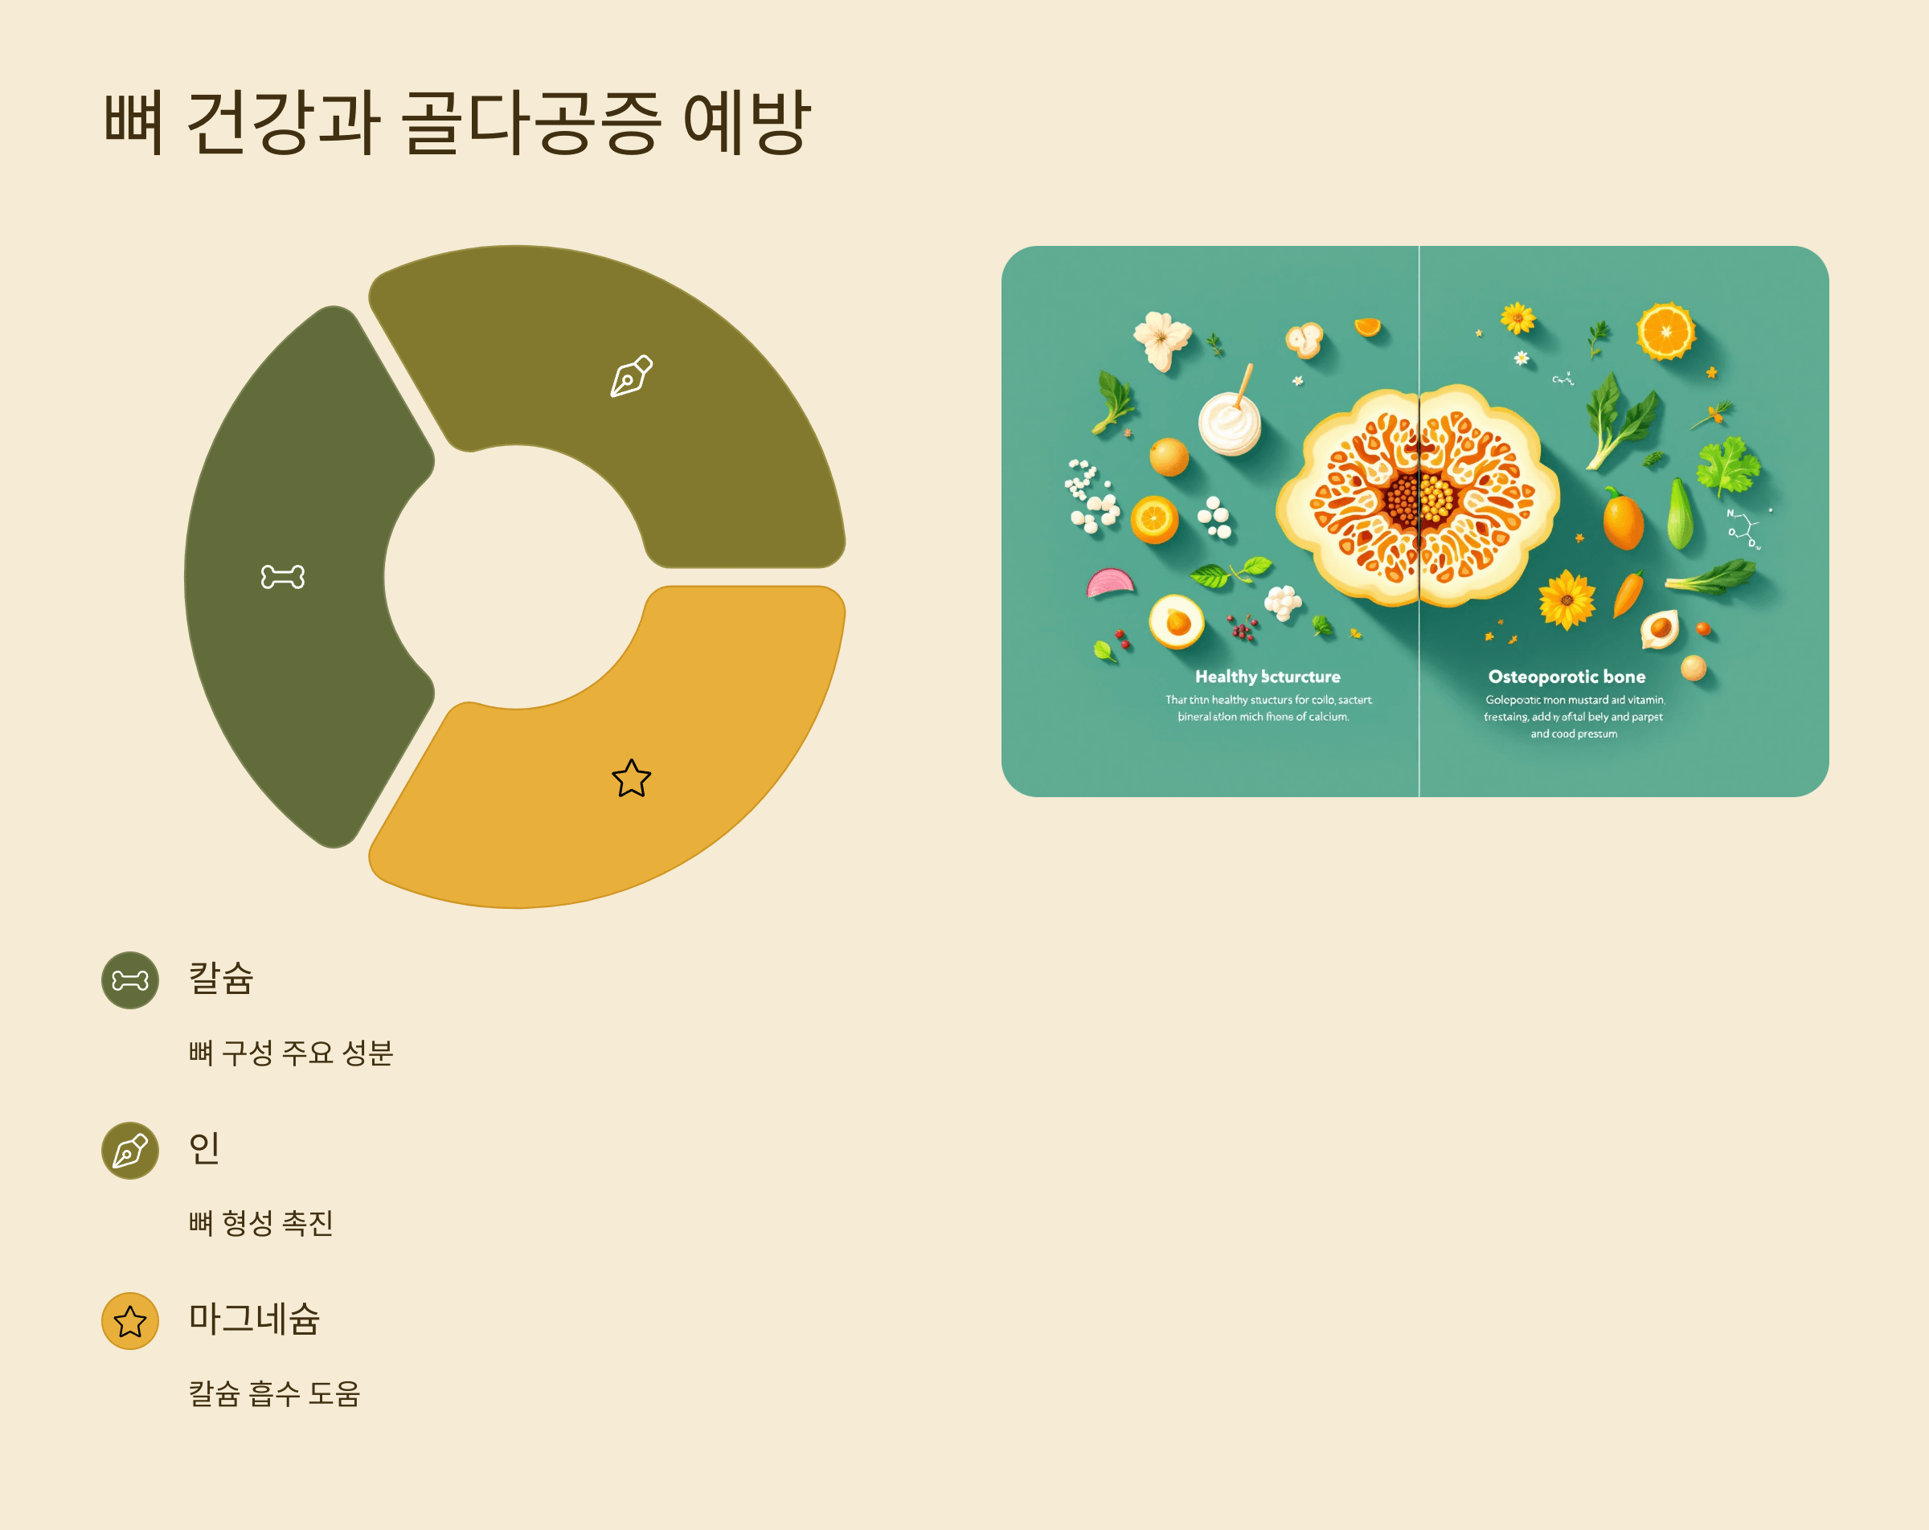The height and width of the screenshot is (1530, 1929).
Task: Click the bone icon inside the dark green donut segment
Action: [283, 577]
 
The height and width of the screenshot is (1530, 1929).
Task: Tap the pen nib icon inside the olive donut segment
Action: [631, 376]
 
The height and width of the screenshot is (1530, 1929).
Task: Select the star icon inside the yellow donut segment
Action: [631, 779]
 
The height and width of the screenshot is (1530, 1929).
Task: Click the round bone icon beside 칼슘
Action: [129, 980]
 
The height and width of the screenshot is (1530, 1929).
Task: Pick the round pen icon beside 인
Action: [129, 1151]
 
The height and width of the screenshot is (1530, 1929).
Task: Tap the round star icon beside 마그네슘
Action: [129, 1320]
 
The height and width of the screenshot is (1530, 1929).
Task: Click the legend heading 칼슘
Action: [221, 978]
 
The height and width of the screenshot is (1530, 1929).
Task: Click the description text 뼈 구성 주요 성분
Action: [291, 1052]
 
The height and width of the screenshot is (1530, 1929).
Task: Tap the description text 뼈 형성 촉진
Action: [260, 1222]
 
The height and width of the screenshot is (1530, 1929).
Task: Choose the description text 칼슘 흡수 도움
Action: [274, 1393]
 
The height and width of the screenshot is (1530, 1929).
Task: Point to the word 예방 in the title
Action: [746, 123]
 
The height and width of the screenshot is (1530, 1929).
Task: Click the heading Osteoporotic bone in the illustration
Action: [1567, 677]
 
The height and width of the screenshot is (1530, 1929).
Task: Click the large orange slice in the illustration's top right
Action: [1665, 332]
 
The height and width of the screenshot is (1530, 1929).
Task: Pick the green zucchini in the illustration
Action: [1679, 514]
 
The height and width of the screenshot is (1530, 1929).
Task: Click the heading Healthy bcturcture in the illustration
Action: [1267, 677]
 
